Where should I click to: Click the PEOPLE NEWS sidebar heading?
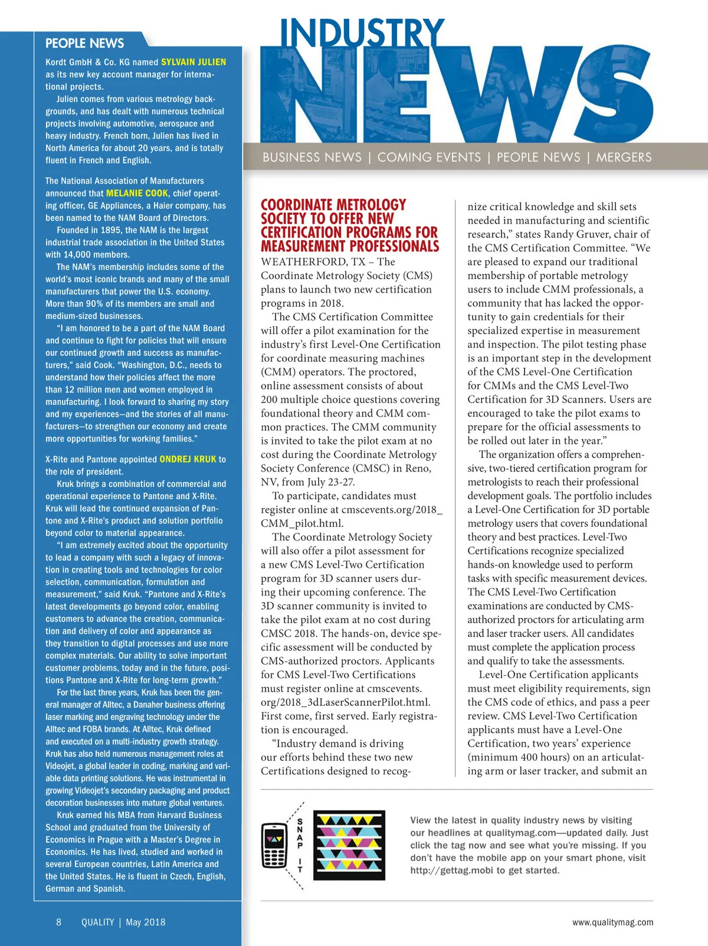click(x=84, y=43)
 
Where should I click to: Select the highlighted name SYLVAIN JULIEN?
click(x=193, y=62)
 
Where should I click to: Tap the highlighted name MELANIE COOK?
click(x=137, y=193)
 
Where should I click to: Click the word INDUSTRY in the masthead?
click(x=362, y=34)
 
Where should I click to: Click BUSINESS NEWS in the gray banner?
click(x=312, y=158)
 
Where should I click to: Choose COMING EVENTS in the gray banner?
click(x=429, y=158)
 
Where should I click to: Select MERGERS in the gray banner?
click(x=624, y=158)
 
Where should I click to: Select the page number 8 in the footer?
click(x=58, y=922)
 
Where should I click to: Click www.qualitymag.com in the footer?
click(x=612, y=922)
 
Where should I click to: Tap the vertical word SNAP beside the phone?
click(x=300, y=833)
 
